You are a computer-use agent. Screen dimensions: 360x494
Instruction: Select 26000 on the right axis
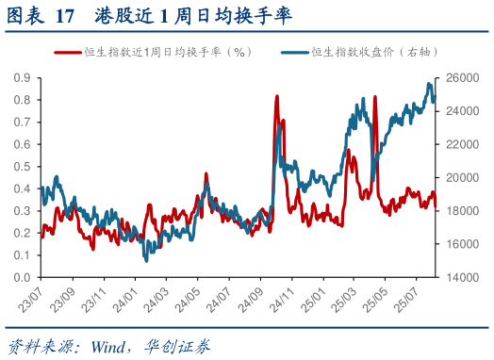(458, 77)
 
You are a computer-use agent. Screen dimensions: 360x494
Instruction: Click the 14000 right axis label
(458, 278)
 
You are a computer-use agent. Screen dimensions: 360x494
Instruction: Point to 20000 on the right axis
(458, 177)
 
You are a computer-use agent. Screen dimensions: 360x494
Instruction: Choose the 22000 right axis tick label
(458, 144)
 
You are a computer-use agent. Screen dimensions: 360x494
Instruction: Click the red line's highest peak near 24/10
(276, 96)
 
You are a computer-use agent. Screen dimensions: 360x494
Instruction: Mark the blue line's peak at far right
(429, 84)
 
